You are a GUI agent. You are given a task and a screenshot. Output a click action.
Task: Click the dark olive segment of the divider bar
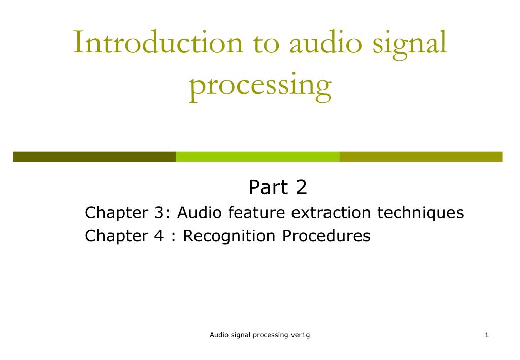(x=94, y=157)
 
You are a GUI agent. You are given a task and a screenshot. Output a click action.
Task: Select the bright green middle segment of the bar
(x=257, y=157)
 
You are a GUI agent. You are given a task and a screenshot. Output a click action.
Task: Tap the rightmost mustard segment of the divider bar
(x=420, y=157)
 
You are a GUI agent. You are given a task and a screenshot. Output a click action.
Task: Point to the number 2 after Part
(x=301, y=188)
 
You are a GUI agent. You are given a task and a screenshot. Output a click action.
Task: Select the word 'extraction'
(x=332, y=213)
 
